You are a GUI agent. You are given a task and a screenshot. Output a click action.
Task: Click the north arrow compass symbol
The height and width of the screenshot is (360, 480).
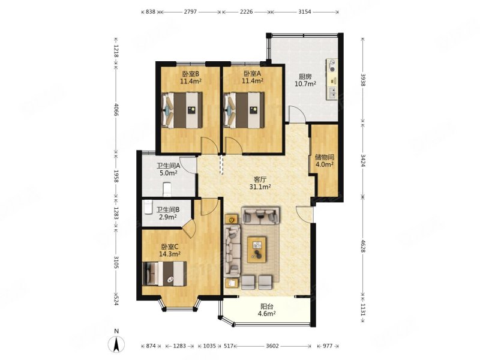(x=116, y=344)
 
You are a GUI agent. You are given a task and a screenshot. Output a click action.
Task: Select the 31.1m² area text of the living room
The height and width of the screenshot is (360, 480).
(x=260, y=187)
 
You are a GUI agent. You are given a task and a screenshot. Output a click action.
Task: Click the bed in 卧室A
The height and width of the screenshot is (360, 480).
(x=244, y=110)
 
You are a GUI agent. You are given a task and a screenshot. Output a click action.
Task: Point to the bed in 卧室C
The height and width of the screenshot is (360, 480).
(x=164, y=274)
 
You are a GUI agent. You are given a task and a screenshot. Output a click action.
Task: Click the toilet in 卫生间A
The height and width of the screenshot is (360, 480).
(x=167, y=189)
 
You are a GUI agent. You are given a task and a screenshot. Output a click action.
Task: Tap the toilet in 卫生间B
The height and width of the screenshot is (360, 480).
(x=148, y=206)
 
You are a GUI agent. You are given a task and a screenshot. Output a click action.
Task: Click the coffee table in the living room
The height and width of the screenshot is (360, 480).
(x=257, y=250)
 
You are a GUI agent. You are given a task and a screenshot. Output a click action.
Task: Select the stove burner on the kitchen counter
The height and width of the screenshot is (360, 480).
(x=332, y=65)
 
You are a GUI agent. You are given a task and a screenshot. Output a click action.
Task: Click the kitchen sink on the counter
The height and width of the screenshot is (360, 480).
(x=332, y=93)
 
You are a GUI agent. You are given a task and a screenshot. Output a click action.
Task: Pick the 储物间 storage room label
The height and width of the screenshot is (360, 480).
(x=325, y=157)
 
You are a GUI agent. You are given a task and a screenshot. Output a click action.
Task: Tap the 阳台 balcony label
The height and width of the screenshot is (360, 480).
(x=266, y=307)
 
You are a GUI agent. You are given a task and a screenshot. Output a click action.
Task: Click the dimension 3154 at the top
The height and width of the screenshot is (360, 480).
(x=305, y=12)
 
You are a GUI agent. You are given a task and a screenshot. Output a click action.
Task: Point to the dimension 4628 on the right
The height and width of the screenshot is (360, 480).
(x=363, y=246)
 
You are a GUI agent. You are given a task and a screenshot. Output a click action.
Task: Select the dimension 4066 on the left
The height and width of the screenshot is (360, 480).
(x=116, y=109)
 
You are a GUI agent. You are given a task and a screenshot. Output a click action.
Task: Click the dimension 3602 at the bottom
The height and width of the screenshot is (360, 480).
(x=272, y=346)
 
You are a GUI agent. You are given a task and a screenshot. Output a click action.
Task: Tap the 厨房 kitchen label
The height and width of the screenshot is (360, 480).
(x=305, y=77)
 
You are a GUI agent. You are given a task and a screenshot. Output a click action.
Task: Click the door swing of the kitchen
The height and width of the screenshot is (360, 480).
(x=297, y=114)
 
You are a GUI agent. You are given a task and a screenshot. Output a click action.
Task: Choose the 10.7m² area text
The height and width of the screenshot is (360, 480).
(x=305, y=83)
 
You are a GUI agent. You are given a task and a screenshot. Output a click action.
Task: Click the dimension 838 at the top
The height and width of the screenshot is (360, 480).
(x=151, y=12)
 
